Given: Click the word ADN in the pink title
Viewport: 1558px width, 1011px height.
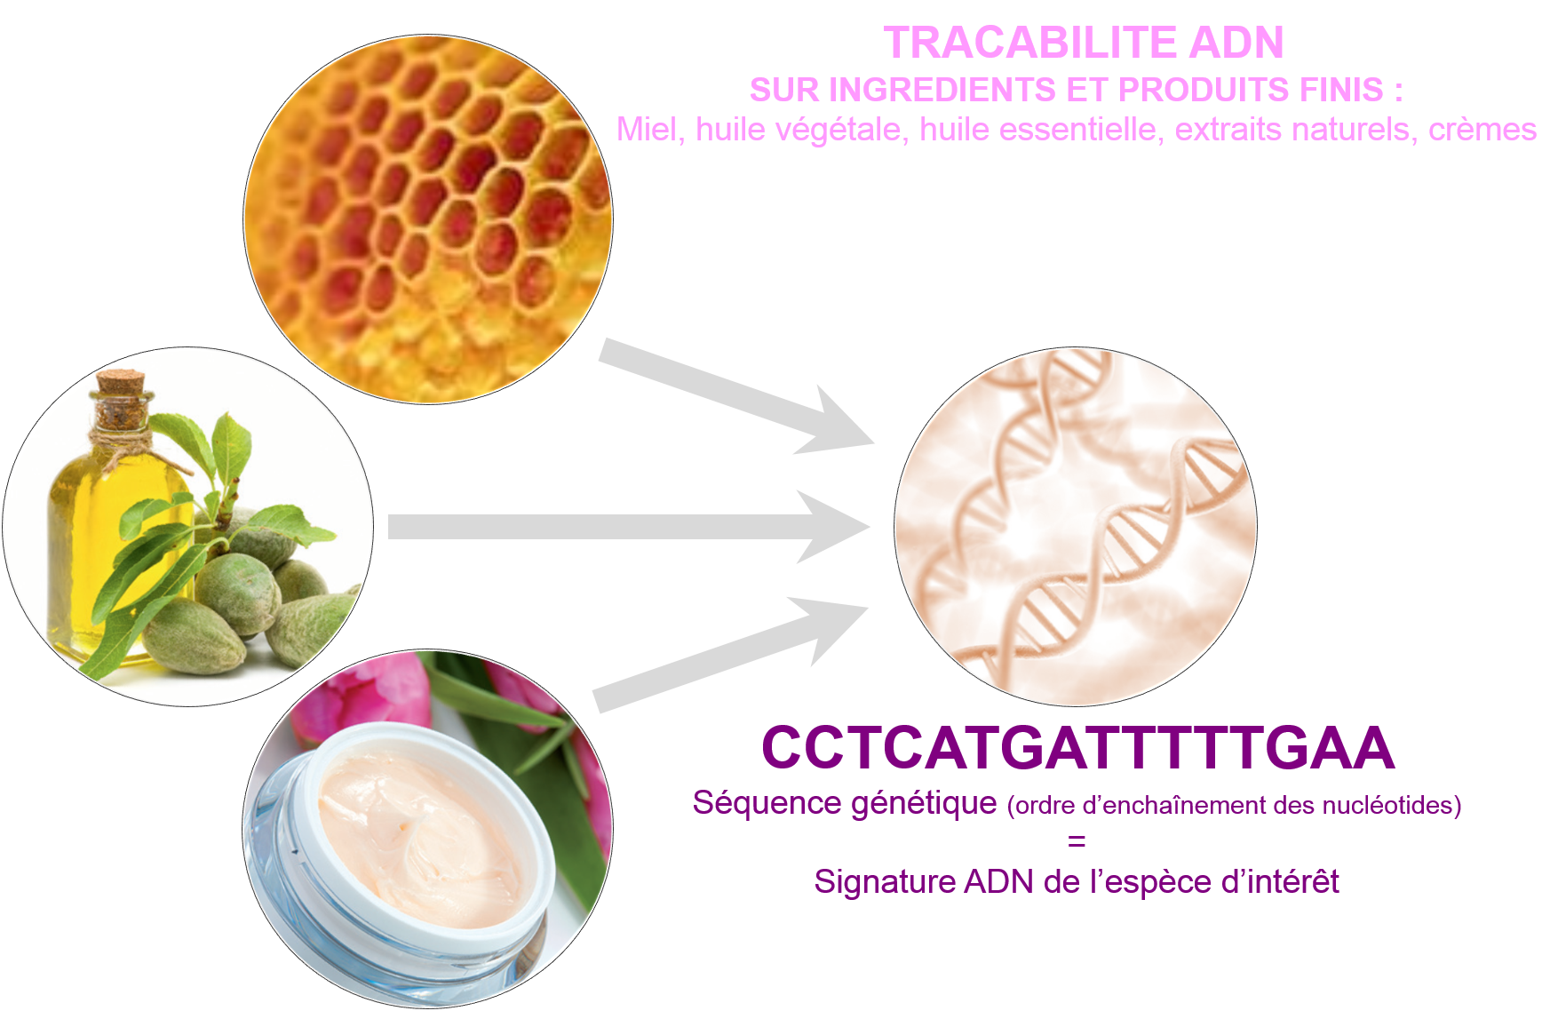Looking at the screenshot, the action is [1236, 43].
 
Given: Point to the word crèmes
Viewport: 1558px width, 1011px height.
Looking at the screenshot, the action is [1482, 130].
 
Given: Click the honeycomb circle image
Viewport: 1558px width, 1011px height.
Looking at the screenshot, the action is [428, 219].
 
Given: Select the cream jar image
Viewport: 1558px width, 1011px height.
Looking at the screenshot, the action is [427, 828].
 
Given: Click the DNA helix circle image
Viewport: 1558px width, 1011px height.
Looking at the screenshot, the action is [1076, 526].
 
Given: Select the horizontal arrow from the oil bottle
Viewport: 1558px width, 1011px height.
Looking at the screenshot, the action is [629, 527].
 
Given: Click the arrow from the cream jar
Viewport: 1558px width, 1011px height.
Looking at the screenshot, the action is [730, 655].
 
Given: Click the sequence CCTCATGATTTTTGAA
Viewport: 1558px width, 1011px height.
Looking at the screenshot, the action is [1077, 747].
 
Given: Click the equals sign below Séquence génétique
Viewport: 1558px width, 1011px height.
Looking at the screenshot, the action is [1077, 841].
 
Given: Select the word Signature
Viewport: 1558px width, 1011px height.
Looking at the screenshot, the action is [885, 882].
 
